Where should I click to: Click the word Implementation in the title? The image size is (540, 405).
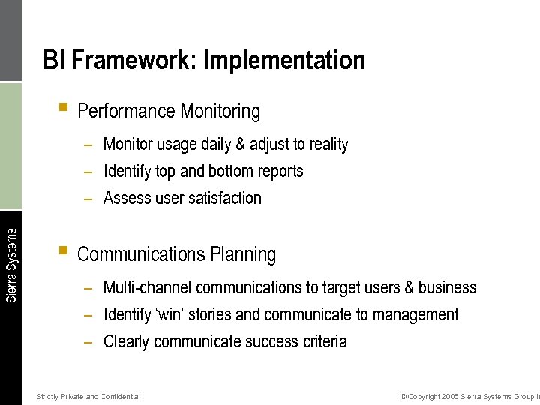(284, 60)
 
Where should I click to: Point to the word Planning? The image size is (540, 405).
(243, 255)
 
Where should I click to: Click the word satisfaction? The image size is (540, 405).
(225, 199)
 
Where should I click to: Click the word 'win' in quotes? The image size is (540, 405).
(173, 315)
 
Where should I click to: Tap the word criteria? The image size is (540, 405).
(323, 342)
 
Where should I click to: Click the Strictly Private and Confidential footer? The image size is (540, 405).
(88, 396)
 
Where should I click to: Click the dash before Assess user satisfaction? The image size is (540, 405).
(88, 199)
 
